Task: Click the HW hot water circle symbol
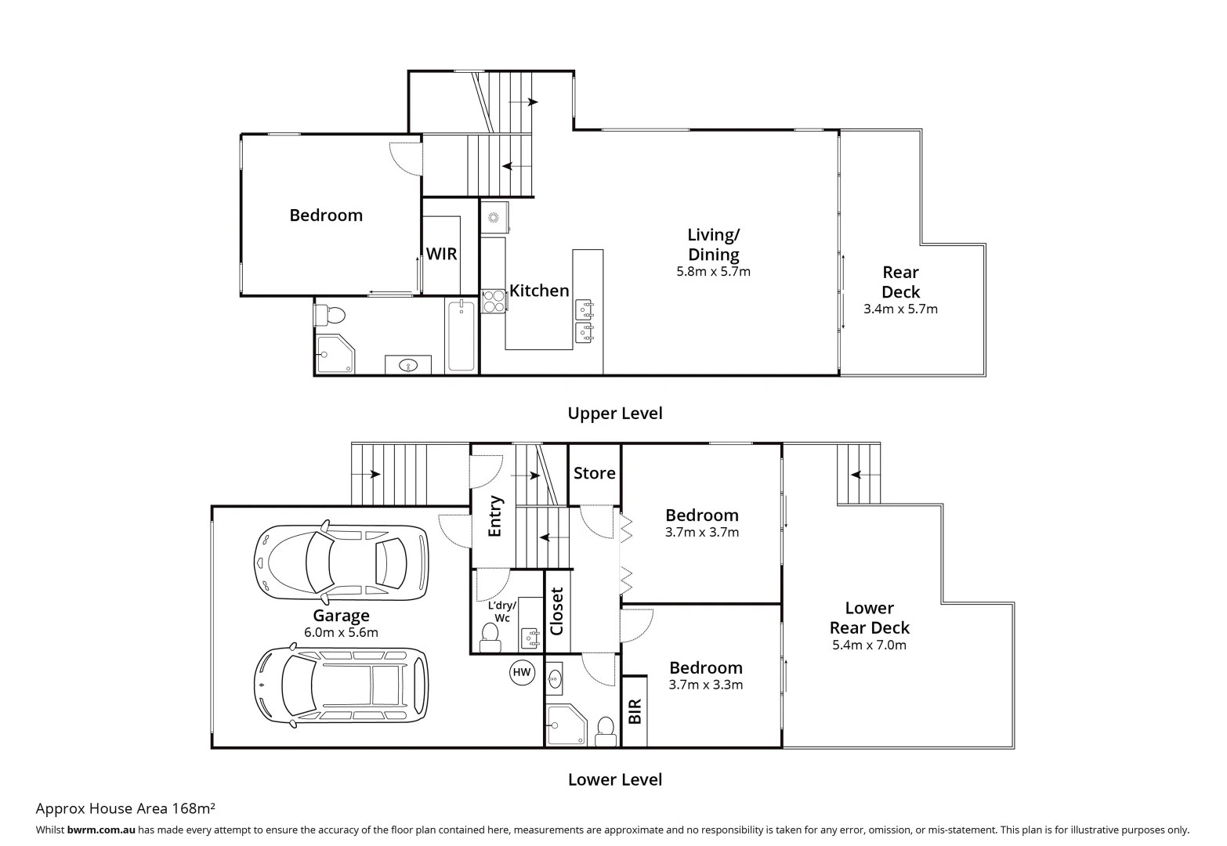[x=521, y=672]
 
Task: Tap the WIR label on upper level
[x=441, y=254]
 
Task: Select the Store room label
[x=594, y=473]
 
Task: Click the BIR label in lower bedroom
[x=635, y=711]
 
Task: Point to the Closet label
[x=557, y=611]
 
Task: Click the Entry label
[x=494, y=516]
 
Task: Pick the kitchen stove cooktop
[x=493, y=301]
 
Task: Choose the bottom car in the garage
[x=342, y=684]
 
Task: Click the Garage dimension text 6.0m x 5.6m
[x=341, y=633]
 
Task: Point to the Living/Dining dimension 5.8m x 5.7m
[x=713, y=272]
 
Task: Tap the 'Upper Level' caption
[x=615, y=414]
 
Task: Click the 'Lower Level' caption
[x=615, y=779]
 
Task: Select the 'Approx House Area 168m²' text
[x=125, y=808]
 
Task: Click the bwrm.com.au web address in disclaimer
[x=101, y=830]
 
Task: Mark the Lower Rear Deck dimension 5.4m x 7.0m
[x=869, y=645]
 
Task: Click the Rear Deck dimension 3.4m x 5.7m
[x=900, y=309]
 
